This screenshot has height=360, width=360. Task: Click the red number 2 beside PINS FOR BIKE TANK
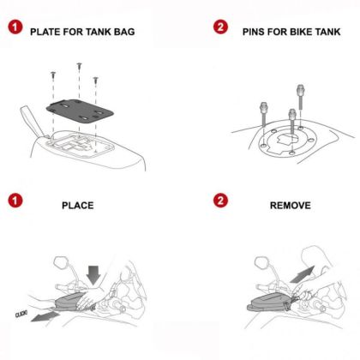point(220,29)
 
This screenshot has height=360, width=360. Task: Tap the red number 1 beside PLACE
point(15,205)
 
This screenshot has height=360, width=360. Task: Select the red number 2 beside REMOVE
point(220,205)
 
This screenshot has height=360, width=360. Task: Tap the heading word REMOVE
point(290,206)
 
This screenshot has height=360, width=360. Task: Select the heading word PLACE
point(77,206)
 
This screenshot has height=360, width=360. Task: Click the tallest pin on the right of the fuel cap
point(301,97)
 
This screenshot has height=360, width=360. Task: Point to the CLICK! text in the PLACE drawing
point(23,315)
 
